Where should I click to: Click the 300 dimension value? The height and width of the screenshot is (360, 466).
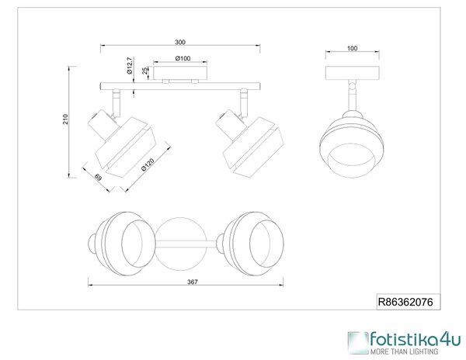(x=180, y=42)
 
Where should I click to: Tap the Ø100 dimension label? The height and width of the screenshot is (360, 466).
(x=183, y=58)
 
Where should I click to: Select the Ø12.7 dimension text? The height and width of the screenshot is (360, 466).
(x=129, y=66)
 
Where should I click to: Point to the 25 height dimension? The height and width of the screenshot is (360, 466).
(x=144, y=71)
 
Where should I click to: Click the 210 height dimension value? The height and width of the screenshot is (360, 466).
(x=65, y=119)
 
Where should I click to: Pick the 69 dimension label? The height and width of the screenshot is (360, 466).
(x=99, y=177)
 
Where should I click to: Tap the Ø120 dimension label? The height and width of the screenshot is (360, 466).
(x=148, y=165)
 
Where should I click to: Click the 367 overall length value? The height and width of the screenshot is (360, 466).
(x=193, y=282)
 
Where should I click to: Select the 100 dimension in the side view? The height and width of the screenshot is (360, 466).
(x=352, y=48)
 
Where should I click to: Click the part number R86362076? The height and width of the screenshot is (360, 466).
(x=405, y=302)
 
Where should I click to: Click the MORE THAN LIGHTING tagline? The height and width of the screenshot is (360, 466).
(x=404, y=351)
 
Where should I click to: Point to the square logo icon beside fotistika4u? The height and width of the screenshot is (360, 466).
(x=358, y=343)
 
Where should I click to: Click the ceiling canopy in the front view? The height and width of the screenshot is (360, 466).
(x=180, y=73)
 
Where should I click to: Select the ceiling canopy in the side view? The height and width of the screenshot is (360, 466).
(x=352, y=73)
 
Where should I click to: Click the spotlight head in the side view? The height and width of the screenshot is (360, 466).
(x=352, y=144)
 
